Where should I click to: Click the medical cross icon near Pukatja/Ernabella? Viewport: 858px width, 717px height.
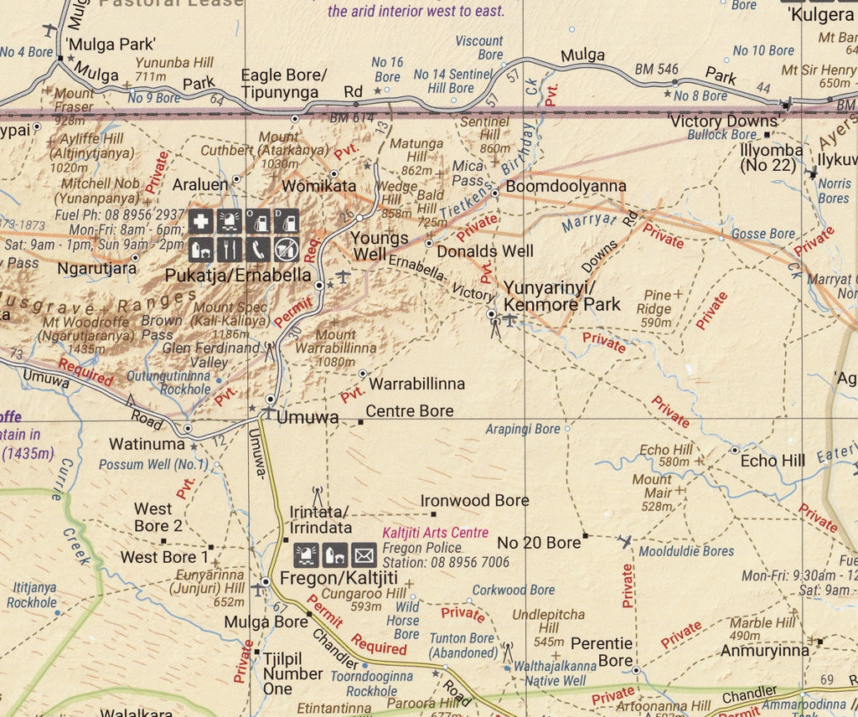[x=199, y=221]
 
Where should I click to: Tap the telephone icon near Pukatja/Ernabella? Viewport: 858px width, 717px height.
[x=259, y=249]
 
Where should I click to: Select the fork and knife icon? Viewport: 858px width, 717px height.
[x=230, y=249]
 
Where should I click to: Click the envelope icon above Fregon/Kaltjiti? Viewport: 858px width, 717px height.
[x=364, y=555]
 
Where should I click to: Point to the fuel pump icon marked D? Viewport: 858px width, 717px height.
[x=287, y=221]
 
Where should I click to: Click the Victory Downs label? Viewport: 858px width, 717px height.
[x=724, y=121]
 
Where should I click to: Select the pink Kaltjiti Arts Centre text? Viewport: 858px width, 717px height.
[x=435, y=533]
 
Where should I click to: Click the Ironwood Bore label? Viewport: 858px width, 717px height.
[x=475, y=501]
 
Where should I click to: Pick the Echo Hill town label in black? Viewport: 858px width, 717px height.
[x=773, y=461]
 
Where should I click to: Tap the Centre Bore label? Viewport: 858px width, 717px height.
[x=410, y=411]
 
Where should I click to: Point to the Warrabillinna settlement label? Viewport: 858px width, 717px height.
[x=416, y=384]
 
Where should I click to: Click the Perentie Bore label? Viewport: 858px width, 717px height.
[x=602, y=652]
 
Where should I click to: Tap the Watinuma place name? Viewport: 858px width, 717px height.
[x=147, y=443]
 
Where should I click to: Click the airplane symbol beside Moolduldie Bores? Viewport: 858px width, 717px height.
[x=626, y=543]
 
